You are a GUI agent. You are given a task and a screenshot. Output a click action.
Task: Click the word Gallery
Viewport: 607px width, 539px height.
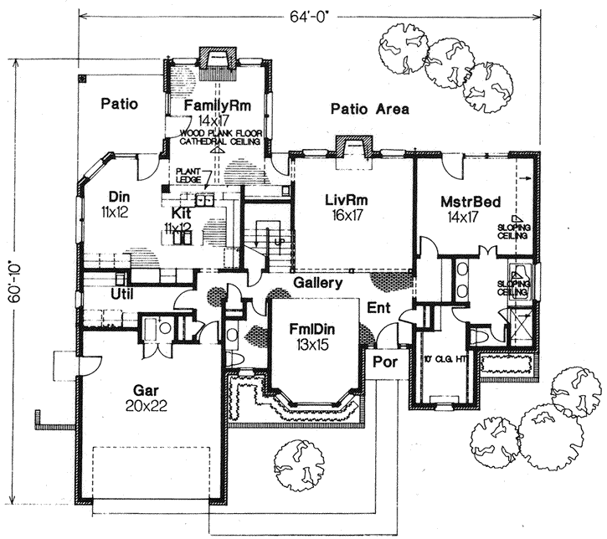pyautogui.click(x=317, y=284)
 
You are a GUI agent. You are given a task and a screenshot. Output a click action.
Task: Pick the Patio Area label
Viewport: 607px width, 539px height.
pyautogui.click(x=369, y=108)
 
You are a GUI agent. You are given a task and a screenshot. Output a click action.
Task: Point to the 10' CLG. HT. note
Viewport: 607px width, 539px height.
pyautogui.click(x=440, y=361)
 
